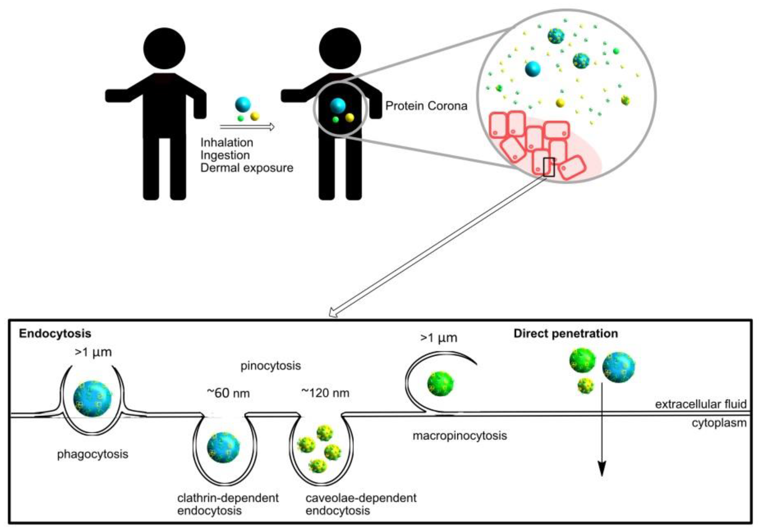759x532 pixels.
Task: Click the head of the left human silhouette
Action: [x=164, y=48]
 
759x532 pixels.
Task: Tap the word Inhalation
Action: [x=227, y=143]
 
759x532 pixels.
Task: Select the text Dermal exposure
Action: [x=246, y=168]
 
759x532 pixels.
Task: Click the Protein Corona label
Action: [x=426, y=106]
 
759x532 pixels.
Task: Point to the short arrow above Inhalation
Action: [x=247, y=127]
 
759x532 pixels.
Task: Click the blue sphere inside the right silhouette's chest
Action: [x=338, y=106]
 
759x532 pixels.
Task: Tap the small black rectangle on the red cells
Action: [x=549, y=167]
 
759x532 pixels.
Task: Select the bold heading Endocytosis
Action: [x=55, y=333]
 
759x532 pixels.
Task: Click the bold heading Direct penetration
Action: [x=566, y=333]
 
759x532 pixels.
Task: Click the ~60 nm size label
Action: [x=228, y=393]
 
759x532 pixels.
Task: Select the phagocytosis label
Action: [x=93, y=454]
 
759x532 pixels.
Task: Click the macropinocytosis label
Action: [x=460, y=436]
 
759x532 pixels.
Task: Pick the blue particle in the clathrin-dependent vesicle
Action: [x=224, y=447]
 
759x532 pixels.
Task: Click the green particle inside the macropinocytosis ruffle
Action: [x=440, y=383]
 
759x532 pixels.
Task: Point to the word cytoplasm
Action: [x=719, y=423]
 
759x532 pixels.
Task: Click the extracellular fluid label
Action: [x=701, y=404]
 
